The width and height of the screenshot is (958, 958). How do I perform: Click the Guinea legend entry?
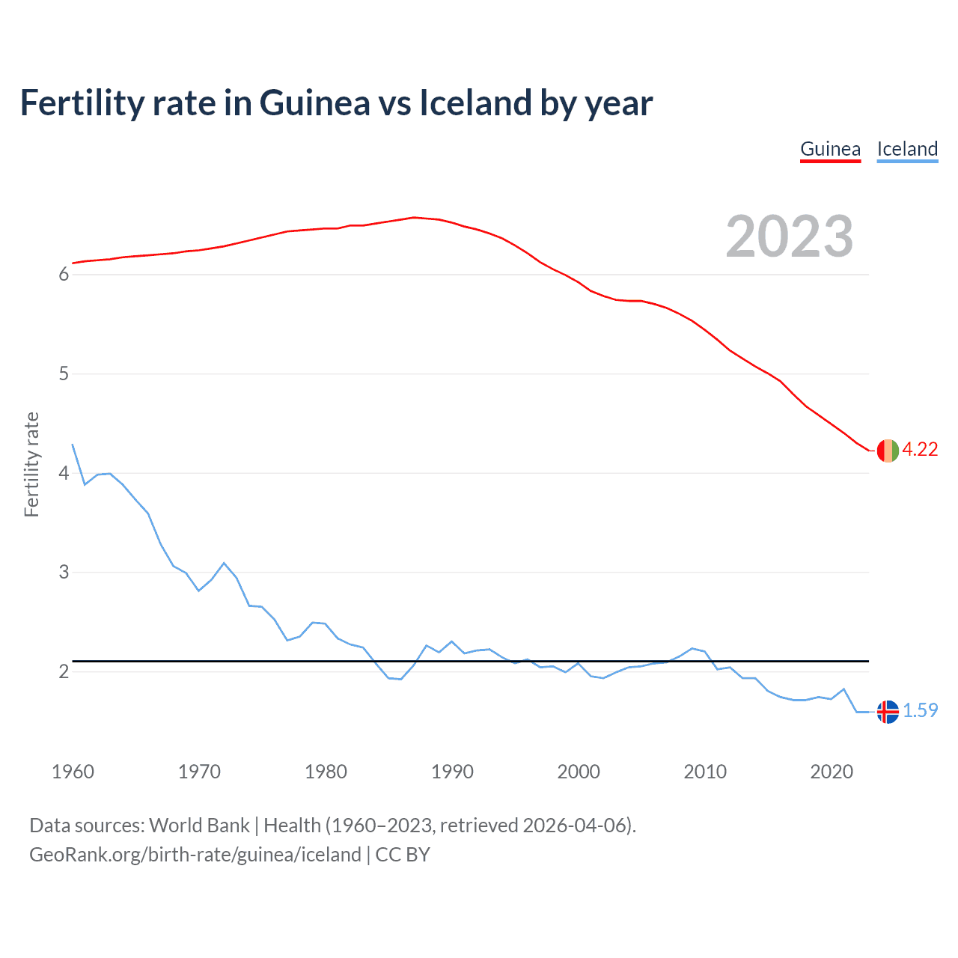[830, 149]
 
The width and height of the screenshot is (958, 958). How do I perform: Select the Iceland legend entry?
[907, 149]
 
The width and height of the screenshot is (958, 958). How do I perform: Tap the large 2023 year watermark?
[790, 237]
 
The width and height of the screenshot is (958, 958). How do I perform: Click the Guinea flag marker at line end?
[888, 451]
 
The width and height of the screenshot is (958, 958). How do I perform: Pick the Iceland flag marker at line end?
[888, 712]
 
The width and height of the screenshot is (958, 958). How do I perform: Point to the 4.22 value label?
[920, 449]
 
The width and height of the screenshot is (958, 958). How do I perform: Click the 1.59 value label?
[920, 710]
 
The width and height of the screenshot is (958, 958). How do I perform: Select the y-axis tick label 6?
[64, 275]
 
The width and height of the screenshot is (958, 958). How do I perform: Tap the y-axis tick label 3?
[64, 573]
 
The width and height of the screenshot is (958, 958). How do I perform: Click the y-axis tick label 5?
[64, 374]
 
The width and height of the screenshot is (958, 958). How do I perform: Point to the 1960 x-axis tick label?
[73, 772]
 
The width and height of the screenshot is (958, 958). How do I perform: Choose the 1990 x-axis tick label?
[452, 772]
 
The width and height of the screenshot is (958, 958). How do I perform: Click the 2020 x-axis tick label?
[832, 772]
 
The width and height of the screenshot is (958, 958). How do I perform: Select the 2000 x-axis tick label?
[579, 772]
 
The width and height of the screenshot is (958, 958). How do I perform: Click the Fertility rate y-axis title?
[31, 464]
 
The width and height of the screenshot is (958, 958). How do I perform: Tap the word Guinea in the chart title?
[314, 103]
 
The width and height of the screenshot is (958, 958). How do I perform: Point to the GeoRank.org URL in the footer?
[195, 855]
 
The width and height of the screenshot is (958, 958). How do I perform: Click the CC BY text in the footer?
[403, 855]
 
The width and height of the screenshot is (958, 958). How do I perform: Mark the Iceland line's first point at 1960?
[73, 445]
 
